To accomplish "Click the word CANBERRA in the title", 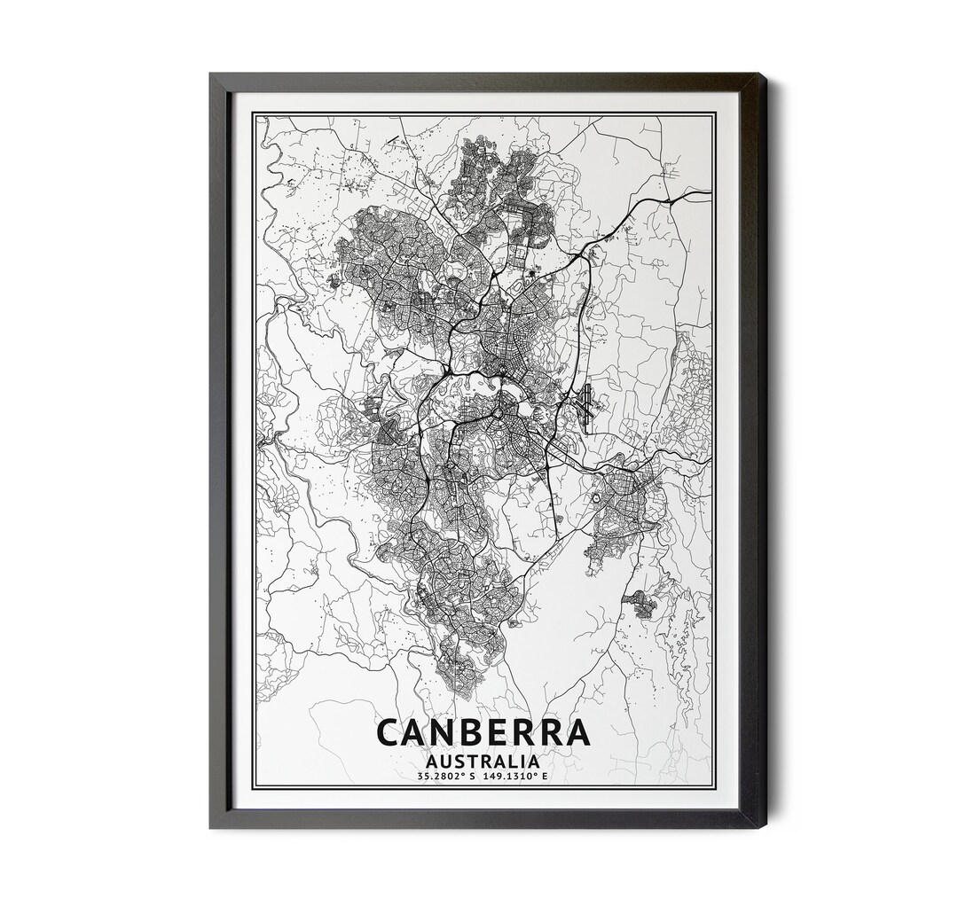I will (x=483, y=732).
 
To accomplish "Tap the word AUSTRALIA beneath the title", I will (x=483, y=761).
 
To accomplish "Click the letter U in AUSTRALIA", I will (x=447, y=761).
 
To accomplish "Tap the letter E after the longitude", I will (x=546, y=777).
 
